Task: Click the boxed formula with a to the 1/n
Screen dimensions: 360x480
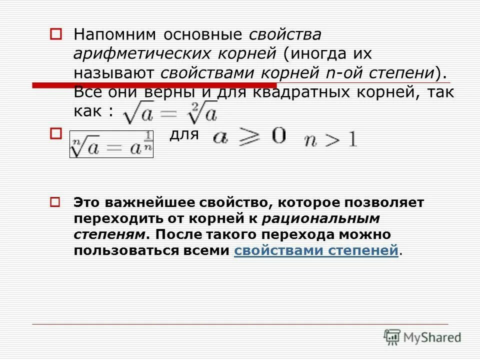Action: pos(111,144)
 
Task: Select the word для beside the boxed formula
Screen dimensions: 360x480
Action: pos(184,134)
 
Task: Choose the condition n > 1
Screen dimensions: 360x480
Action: pos(331,140)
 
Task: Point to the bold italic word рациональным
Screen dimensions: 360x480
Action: pos(320,218)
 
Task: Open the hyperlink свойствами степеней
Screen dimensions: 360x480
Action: pos(316,250)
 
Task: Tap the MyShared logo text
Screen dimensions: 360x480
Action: pos(432,337)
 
